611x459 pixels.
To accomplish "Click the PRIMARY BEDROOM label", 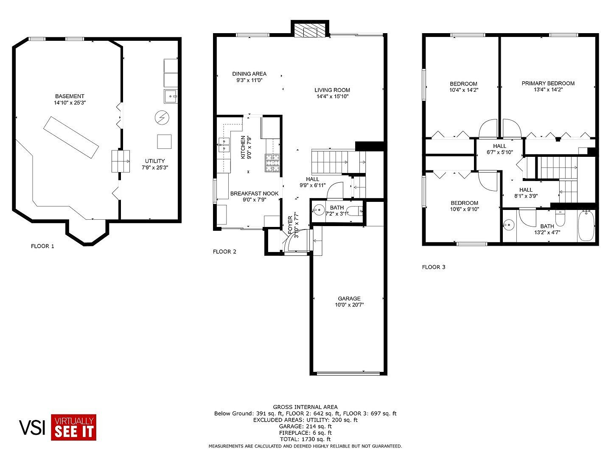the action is click(x=548, y=83).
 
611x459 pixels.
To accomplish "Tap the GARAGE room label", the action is click(x=349, y=298).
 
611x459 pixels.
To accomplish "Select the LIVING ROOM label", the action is click(x=332, y=90).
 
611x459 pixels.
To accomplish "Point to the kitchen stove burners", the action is click(x=272, y=163).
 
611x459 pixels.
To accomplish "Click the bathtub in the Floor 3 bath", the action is click(x=586, y=226).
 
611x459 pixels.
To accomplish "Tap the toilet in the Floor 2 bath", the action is click(x=355, y=212).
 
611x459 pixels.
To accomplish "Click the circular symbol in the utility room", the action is click(x=162, y=118).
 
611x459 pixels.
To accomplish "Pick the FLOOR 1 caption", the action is click(x=42, y=246).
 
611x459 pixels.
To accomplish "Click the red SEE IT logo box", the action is click(x=73, y=427).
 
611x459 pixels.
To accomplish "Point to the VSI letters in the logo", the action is click(x=32, y=428).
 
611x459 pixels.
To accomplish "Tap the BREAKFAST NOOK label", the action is click(x=254, y=193).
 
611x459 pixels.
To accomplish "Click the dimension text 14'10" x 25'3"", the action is click(x=70, y=102).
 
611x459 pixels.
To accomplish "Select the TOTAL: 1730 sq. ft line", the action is click(x=305, y=439).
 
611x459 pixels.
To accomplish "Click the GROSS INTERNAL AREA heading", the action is click(x=305, y=407).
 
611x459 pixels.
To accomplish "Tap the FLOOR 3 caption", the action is click(x=433, y=267).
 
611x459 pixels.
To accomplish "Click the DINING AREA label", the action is click(x=249, y=74).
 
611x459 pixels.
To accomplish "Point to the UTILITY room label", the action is click(x=154, y=161).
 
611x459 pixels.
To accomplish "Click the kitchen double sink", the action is click(x=224, y=145).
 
